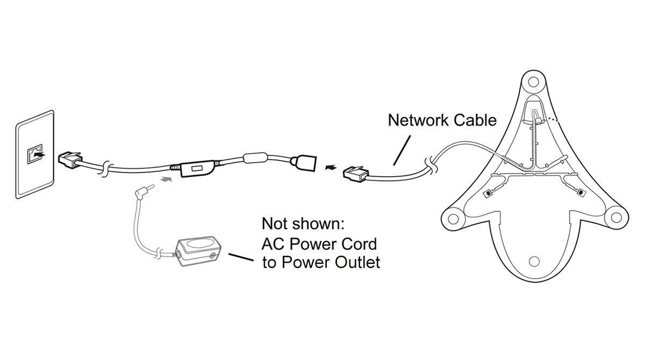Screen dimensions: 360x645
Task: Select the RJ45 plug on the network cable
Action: (355, 172)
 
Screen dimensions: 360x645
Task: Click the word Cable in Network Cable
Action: (475, 120)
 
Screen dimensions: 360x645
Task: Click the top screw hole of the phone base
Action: (533, 82)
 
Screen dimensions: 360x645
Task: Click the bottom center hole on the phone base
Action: (534, 261)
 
